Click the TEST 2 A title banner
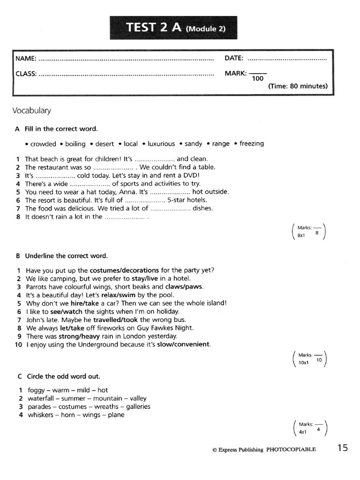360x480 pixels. [173, 28]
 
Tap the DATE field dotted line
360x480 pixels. [287, 60]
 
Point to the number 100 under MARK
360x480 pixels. [257, 79]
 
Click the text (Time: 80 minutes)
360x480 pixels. [298, 86]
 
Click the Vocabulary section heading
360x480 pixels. [31, 111]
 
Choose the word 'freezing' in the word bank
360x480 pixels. [251, 144]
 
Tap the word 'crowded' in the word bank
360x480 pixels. [43, 144]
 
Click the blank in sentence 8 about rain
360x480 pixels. [124, 217]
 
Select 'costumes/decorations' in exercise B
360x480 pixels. [124, 270]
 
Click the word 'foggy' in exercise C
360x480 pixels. [36, 390]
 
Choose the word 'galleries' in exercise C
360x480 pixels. [138, 407]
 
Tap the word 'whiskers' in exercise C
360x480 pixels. [41, 415]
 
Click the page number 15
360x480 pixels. [342, 448]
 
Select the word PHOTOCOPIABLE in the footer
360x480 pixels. [291, 450]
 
